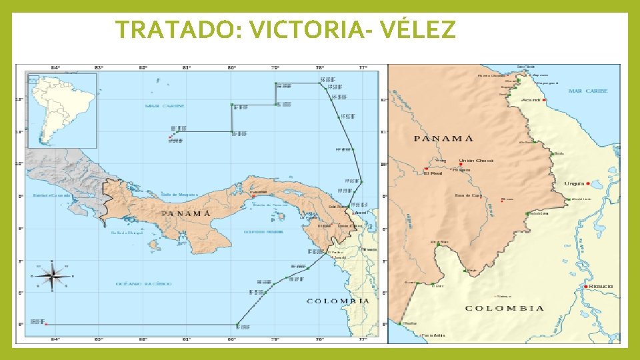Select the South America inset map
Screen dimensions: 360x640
point(62,109)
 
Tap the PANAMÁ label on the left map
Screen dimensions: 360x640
point(186,213)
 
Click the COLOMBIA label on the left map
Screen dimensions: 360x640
point(337,301)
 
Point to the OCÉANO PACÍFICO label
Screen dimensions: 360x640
point(144,284)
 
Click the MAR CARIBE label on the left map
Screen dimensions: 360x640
point(165,106)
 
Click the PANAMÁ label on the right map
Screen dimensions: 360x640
point(444,139)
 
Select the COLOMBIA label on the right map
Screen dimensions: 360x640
point(504,308)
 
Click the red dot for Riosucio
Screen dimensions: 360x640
point(585,287)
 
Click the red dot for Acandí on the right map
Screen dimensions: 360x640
point(545,100)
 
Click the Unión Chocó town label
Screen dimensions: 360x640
point(475,161)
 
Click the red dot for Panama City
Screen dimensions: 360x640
point(253,196)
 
